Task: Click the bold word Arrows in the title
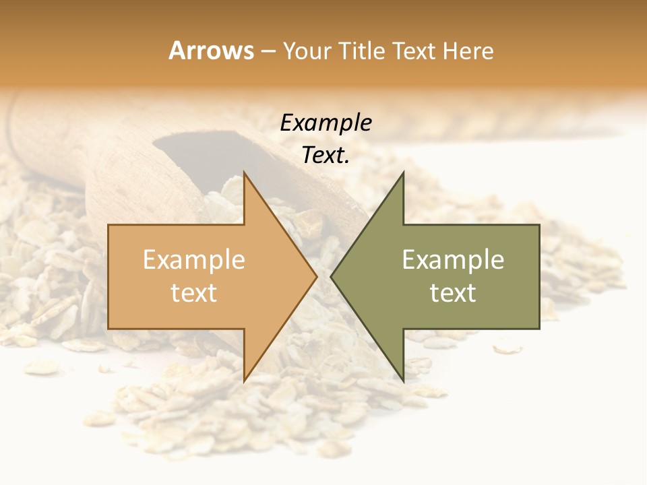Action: pos(211,51)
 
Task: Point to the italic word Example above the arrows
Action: pos(326,123)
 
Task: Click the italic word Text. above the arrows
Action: pos(326,156)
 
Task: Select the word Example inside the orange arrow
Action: pos(193,260)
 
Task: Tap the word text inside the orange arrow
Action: pos(193,293)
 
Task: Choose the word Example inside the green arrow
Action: pos(453,260)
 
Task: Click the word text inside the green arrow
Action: pos(453,293)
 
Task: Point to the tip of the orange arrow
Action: pos(315,276)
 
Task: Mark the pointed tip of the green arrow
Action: pos(332,276)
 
